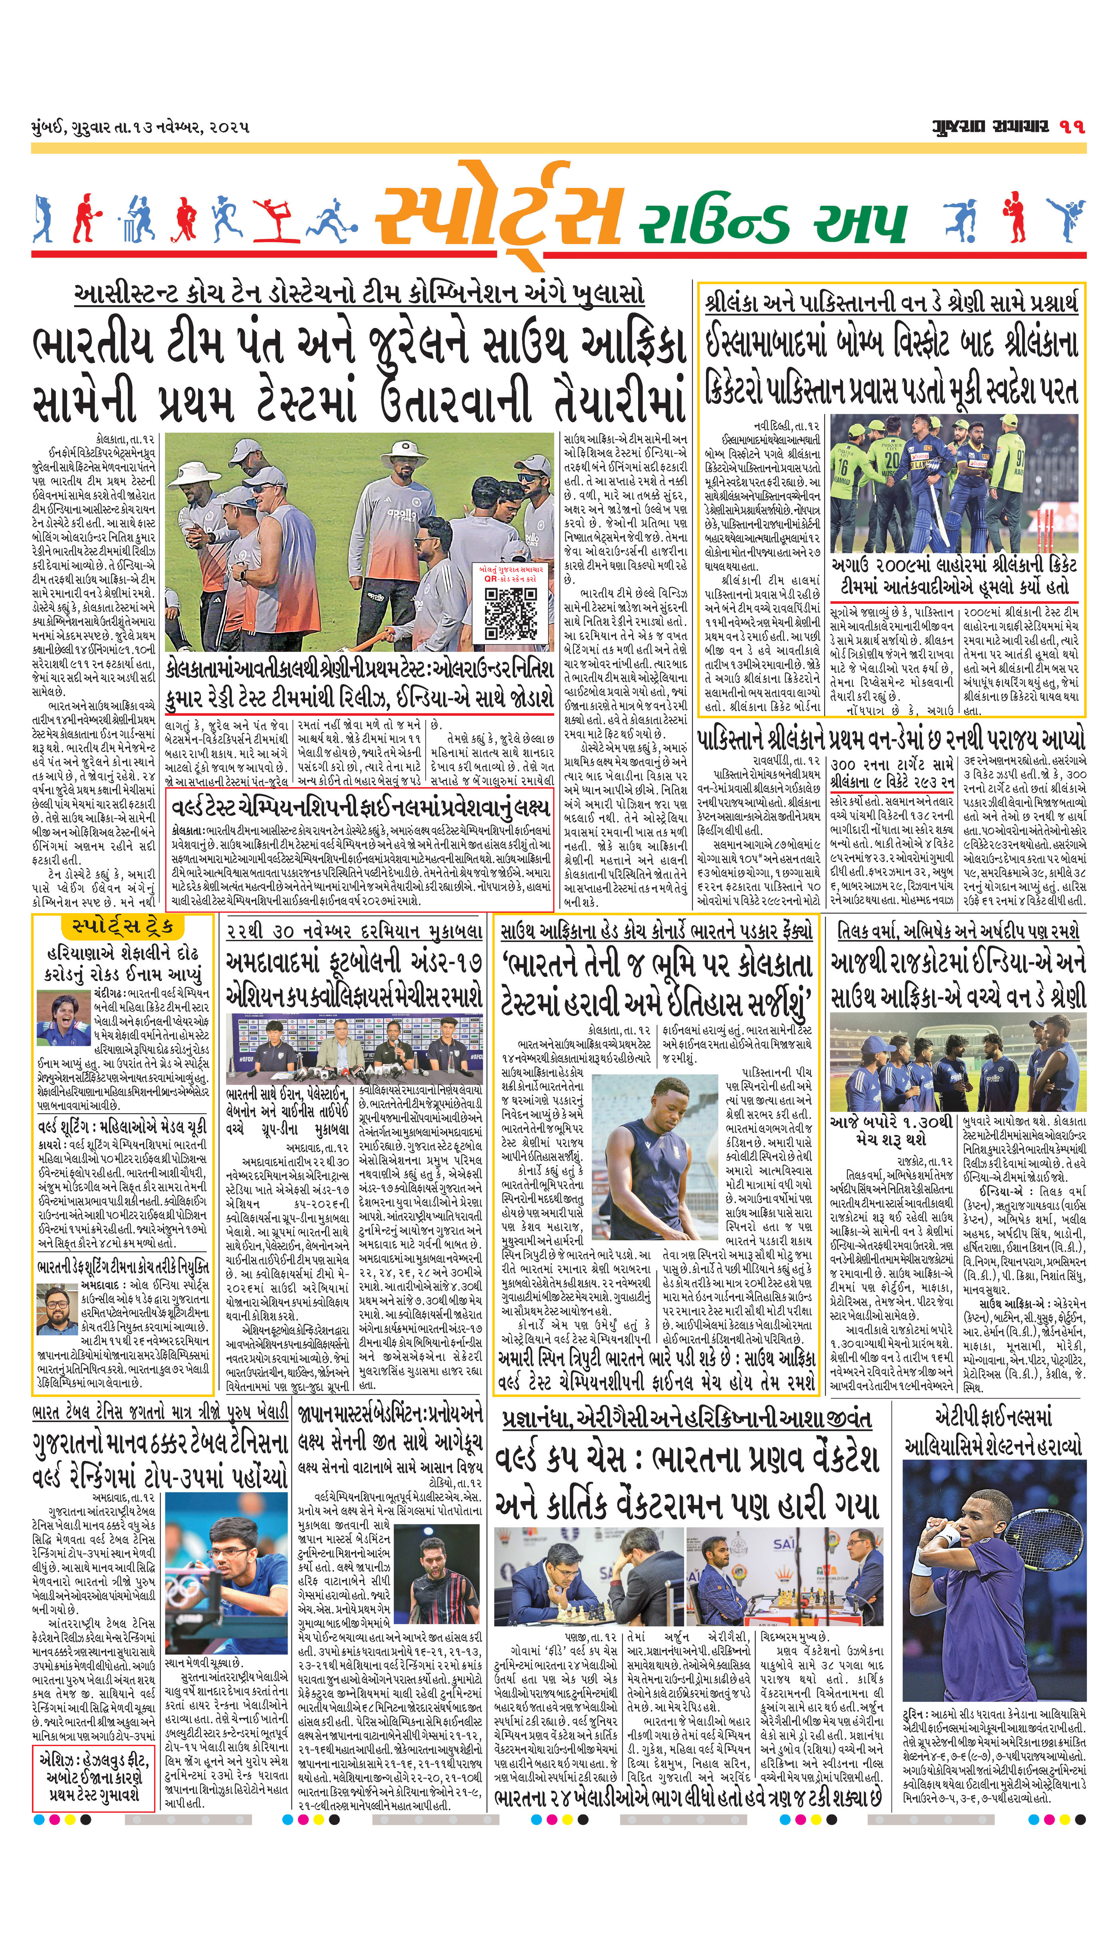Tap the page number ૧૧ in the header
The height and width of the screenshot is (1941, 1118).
tap(1073, 127)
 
